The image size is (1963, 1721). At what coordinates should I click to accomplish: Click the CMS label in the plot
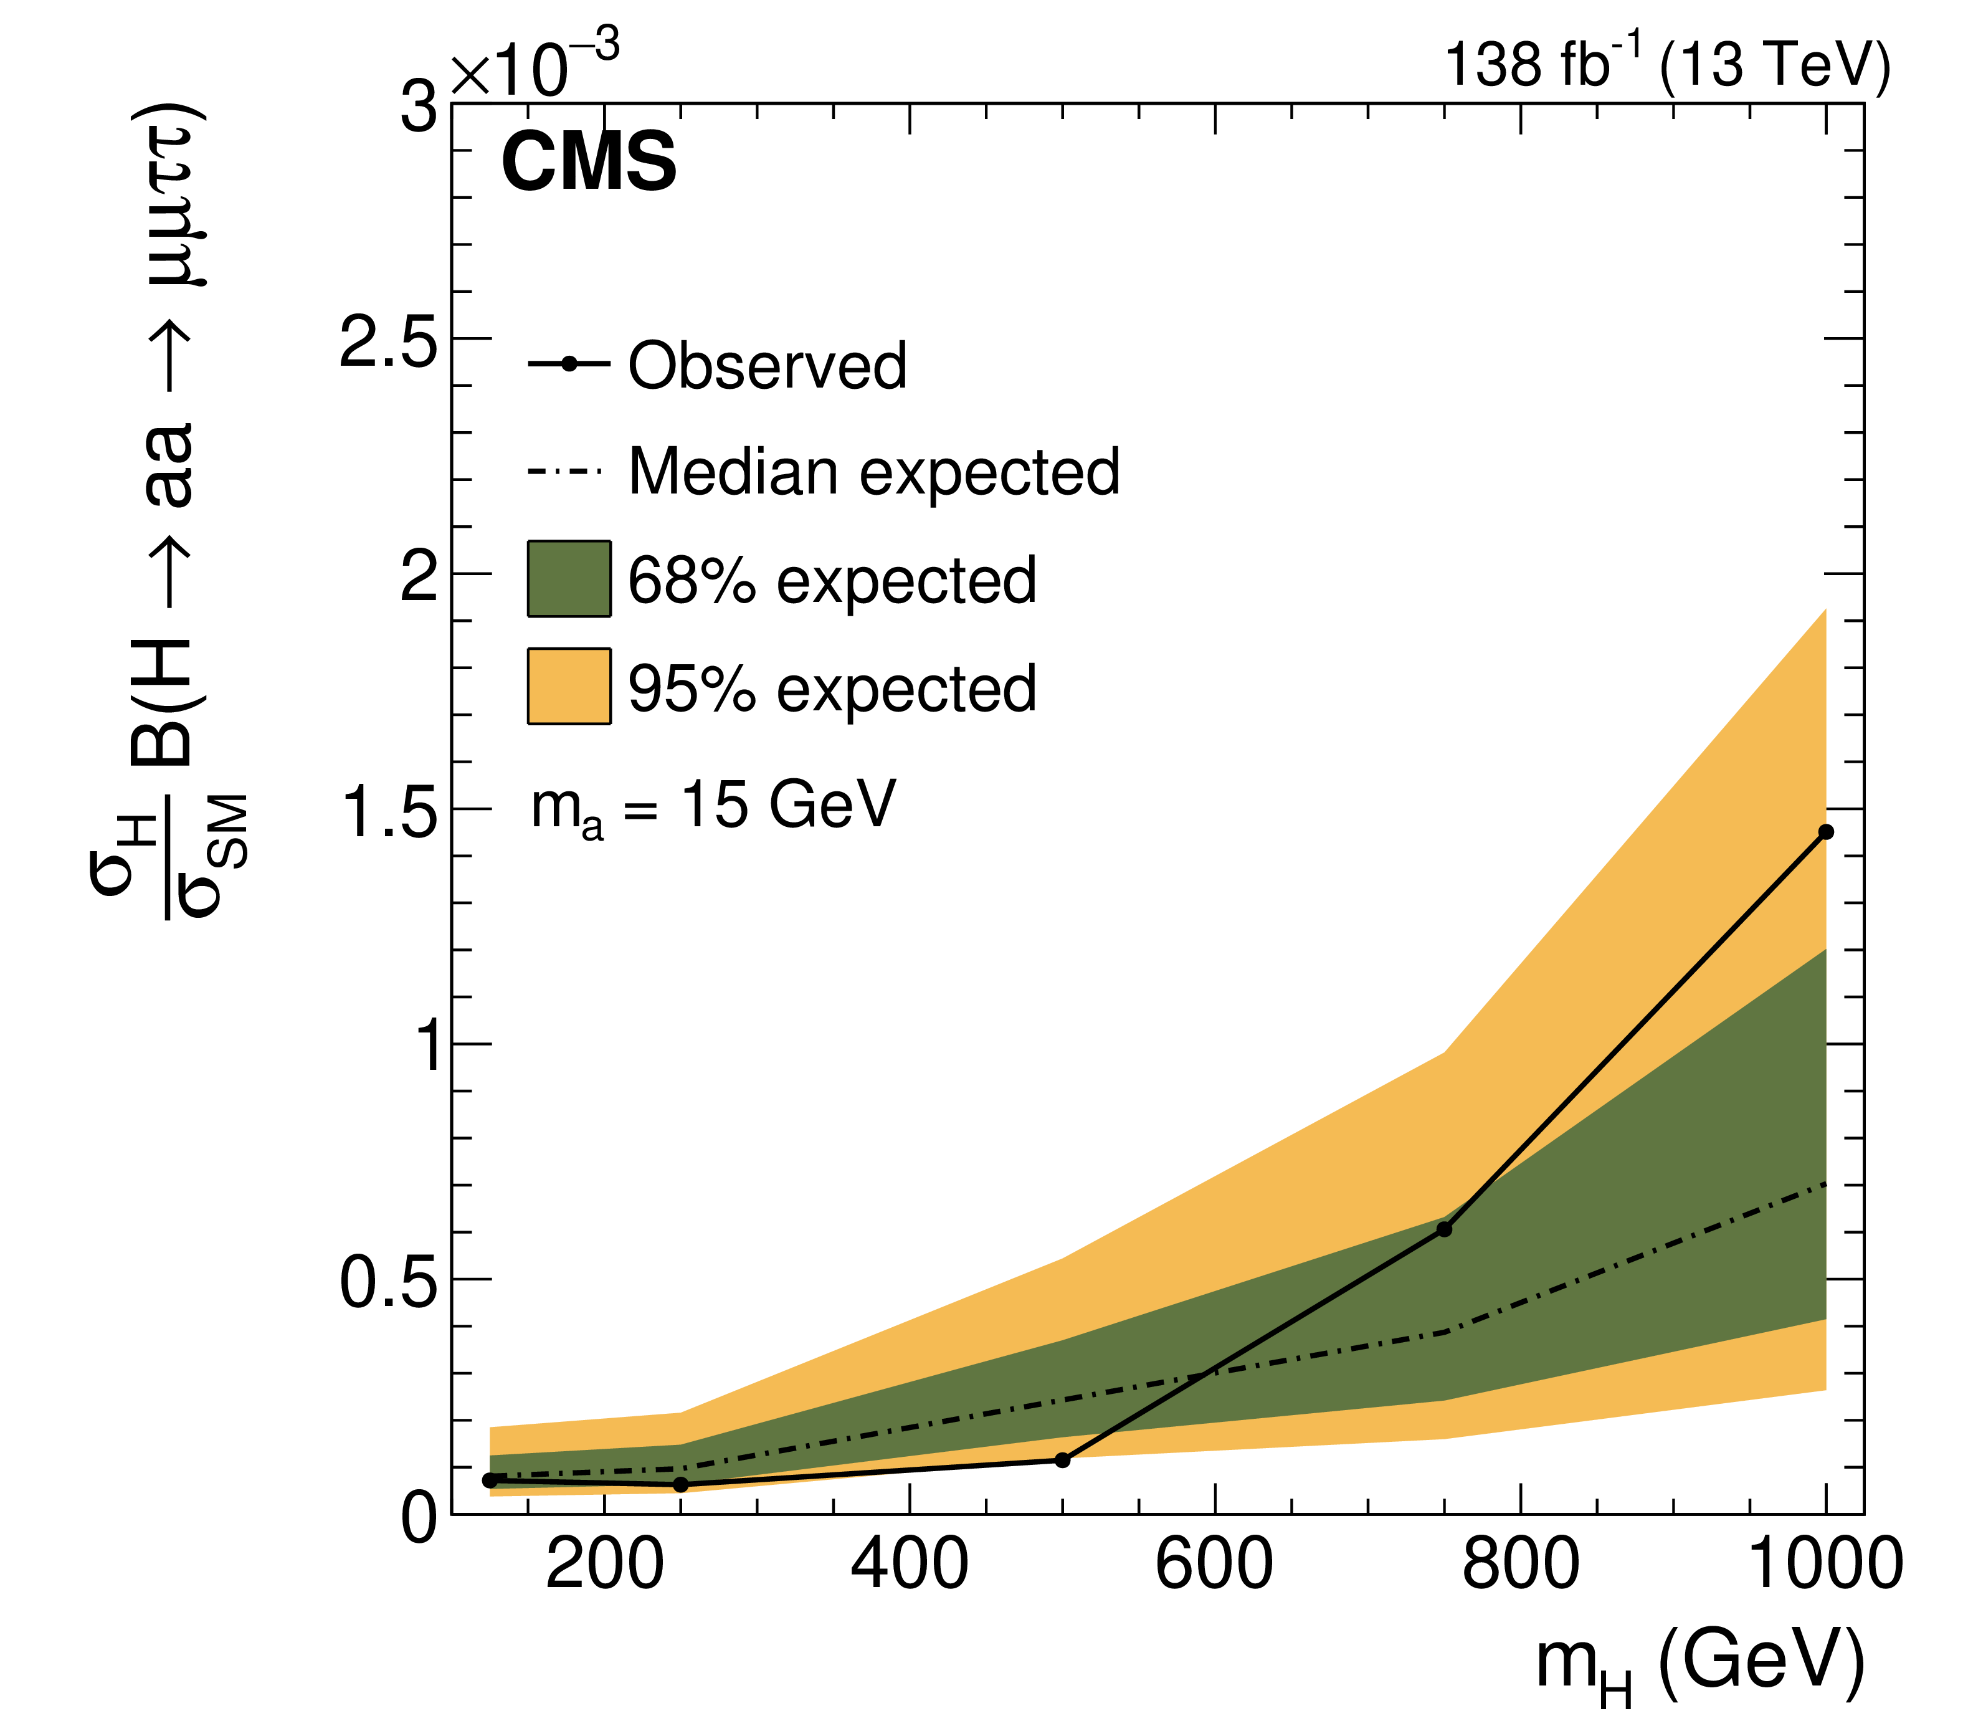click(x=589, y=161)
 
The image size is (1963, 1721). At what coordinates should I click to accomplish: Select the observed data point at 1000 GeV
click(x=1826, y=832)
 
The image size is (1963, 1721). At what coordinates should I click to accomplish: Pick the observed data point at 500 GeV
click(x=1062, y=1460)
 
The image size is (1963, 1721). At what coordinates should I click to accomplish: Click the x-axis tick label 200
click(x=604, y=1565)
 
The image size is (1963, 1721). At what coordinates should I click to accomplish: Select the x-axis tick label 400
click(x=910, y=1565)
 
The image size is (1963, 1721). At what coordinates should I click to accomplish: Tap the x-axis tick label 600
click(x=1215, y=1565)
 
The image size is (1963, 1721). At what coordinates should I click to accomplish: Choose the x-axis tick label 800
click(x=1520, y=1565)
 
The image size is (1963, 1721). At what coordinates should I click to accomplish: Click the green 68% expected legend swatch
click(x=569, y=578)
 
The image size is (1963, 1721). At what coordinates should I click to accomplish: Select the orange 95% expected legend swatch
click(x=569, y=685)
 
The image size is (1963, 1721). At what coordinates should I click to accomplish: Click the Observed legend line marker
click(x=569, y=364)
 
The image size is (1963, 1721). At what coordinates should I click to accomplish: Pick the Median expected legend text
click(x=874, y=474)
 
